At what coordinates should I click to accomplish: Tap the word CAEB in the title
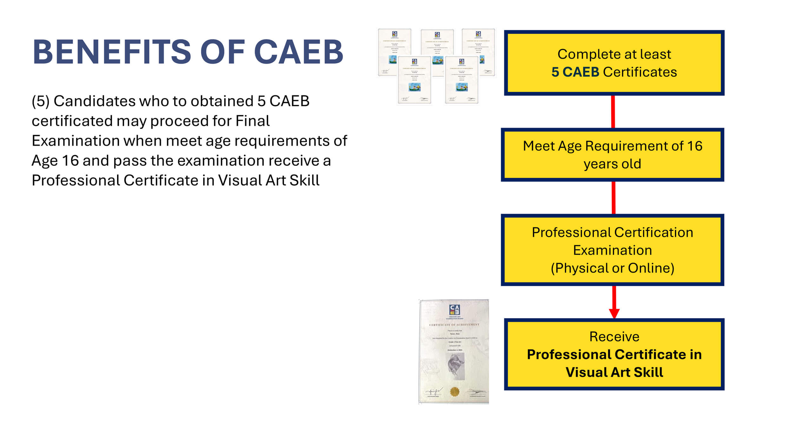coord(298,52)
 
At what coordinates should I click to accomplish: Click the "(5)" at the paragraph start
coord(41,102)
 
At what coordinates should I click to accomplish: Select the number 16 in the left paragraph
coord(70,161)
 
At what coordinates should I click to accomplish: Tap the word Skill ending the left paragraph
coord(304,180)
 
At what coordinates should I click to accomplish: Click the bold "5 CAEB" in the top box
coord(575,72)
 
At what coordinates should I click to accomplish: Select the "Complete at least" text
coord(614,54)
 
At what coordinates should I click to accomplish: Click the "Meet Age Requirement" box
coord(612,155)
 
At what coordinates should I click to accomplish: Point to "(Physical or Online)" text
coord(613,268)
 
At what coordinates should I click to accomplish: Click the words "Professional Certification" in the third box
coord(613,233)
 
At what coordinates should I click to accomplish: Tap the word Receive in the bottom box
coord(614,337)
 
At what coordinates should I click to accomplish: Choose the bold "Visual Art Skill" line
coord(614,372)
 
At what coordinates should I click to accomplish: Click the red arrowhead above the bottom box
coord(614,313)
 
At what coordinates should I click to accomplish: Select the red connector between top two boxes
coord(613,112)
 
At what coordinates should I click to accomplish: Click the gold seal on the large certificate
coord(455,392)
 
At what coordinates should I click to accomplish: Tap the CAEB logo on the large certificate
coord(455,310)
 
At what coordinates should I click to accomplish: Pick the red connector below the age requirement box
coord(613,198)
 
